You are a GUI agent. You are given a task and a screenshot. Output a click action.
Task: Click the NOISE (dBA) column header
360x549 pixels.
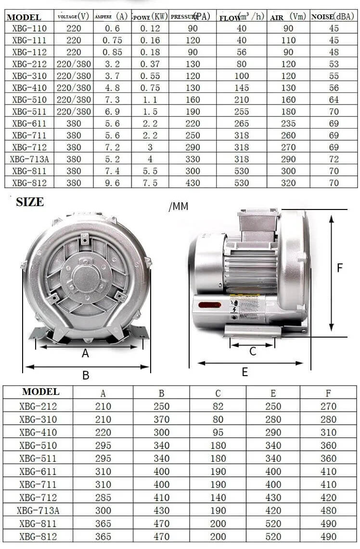click(x=333, y=16)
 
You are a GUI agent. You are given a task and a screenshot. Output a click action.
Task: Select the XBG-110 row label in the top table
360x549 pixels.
click(x=29, y=28)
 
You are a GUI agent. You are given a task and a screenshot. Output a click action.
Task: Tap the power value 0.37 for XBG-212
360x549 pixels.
click(x=150, y=64)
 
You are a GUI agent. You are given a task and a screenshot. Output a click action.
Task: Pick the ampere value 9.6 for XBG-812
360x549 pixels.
click(x=112, y=183)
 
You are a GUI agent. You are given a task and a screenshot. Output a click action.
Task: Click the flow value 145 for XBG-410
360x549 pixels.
click(x=242, y=88)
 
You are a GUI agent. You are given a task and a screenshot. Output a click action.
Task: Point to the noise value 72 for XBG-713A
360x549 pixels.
click(x=334, y=159)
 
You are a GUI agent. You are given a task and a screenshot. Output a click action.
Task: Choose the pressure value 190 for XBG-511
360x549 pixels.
click(x=193, y=112)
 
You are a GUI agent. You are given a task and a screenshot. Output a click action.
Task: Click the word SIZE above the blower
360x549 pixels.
click(x=30, y=202)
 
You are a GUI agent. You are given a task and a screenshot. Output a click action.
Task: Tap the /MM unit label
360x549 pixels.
click(x=179, y=207)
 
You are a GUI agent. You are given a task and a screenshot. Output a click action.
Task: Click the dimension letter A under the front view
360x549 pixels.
click(x=85, y=353)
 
